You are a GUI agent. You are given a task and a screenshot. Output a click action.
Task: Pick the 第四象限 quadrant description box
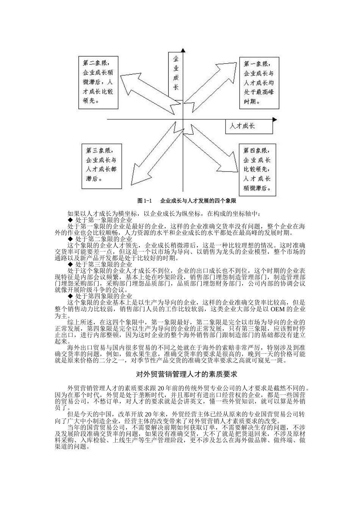point(257,169)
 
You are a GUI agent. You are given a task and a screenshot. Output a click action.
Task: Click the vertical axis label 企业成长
point(176,73)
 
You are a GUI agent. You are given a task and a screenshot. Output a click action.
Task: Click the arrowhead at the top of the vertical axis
point(183,51)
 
